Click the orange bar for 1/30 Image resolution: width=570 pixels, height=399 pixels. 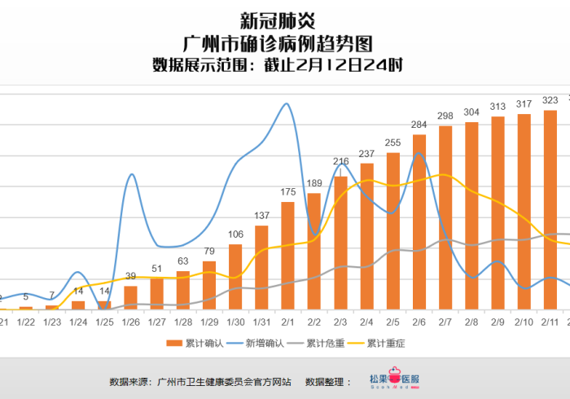point(235,277)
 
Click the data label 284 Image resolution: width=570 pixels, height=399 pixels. point(419,125)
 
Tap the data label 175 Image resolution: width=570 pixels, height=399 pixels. point(287,192)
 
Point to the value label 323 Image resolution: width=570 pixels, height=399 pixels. point(550,100)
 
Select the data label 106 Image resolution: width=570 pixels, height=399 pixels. point(235,235)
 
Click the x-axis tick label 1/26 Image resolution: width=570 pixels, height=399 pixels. point(130,322)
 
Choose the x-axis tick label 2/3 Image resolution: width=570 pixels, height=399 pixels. point(340,322)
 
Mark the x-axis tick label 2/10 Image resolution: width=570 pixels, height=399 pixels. point(524,322)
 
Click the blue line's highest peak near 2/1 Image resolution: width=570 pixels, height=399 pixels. point(286,104)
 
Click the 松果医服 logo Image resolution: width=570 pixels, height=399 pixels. point(394,380)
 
